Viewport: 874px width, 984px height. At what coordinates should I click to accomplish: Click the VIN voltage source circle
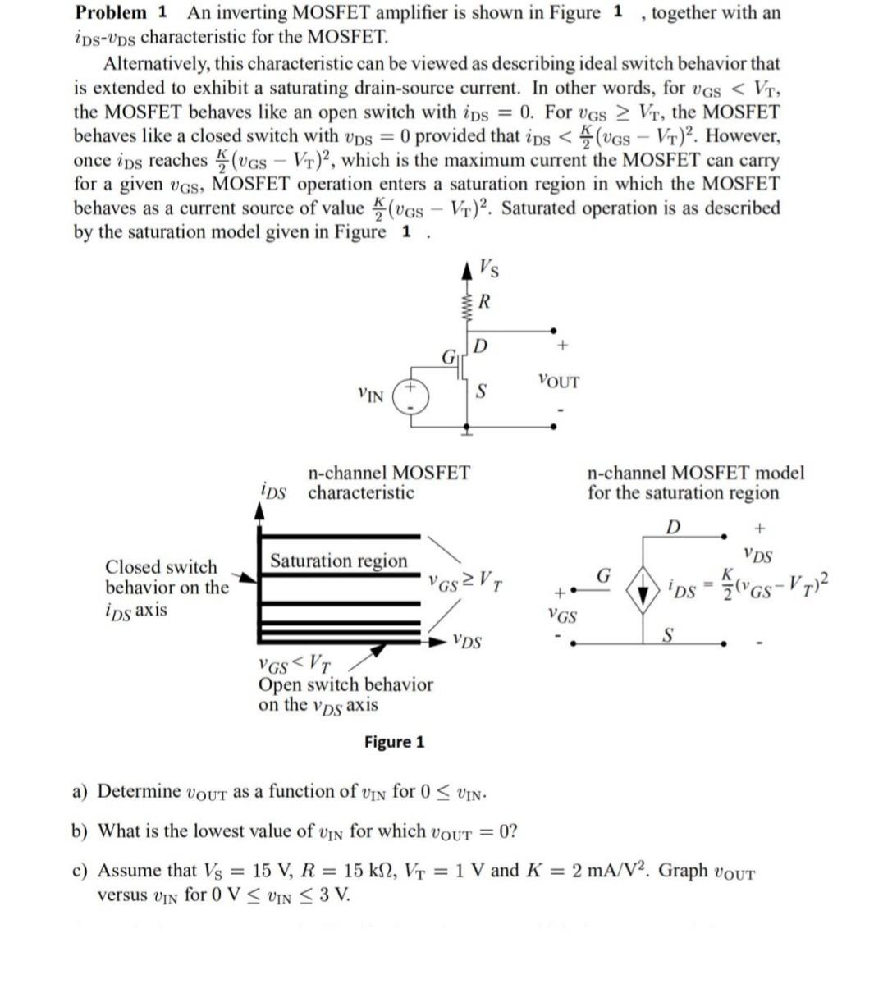coord(410,396)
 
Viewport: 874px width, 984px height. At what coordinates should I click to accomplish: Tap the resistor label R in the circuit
coord(484,301)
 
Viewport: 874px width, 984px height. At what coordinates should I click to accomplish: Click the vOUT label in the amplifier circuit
coord(559,382)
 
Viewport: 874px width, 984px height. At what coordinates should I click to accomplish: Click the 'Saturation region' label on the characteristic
coord(338,561)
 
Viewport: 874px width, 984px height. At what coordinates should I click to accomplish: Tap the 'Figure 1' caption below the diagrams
coord(395,742)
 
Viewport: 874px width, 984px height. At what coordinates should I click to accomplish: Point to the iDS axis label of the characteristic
coord(272,492)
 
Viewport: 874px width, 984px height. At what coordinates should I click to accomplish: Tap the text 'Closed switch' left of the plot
coord(162,567)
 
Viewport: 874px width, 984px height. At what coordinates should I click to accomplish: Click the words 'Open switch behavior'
coord(345,684)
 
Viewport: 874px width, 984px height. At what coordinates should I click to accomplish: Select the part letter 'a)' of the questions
coord(80,791)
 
